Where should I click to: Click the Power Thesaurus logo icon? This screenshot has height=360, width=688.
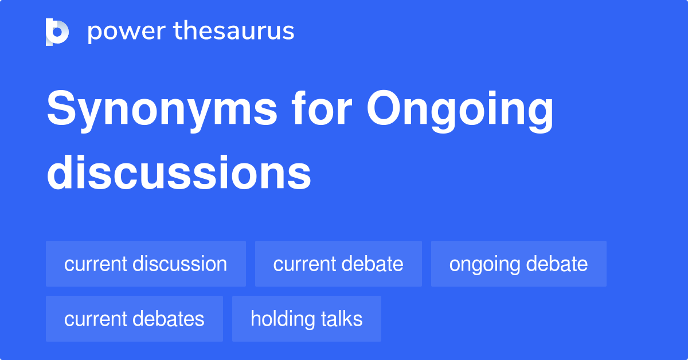(x=57, y=32)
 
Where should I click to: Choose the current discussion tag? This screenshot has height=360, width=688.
(x=146, y=264)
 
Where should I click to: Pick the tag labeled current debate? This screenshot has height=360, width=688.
(x=338, y=264)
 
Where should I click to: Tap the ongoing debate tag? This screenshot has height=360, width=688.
(x=518, y=264)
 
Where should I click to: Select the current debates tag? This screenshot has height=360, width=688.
(x=134, y=319)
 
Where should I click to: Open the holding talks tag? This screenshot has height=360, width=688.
(x=306, y=319)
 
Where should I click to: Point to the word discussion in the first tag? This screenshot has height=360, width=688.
(x=179, y=264)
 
